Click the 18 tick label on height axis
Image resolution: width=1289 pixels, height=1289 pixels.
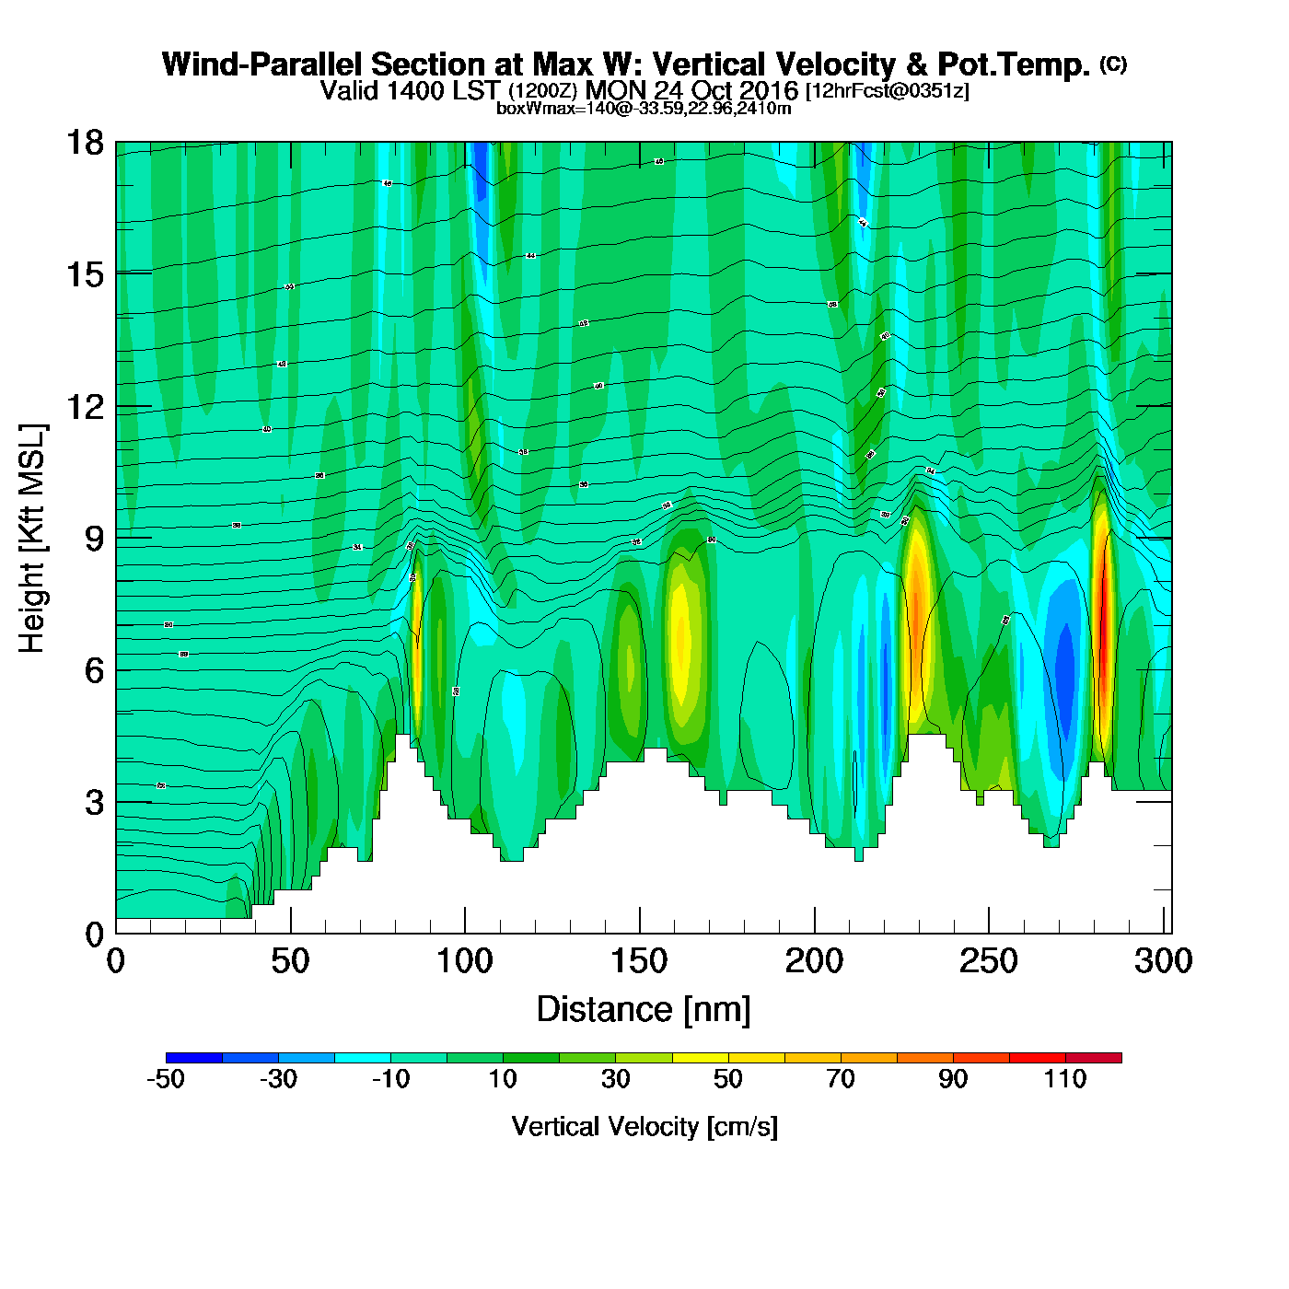pyautogui.click(x=85, y=143)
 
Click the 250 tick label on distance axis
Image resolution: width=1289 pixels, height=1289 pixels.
pyautogui.click(x=989, y=962)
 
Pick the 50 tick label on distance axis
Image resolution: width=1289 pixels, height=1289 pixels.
pyautogui.click(x=290, y=962)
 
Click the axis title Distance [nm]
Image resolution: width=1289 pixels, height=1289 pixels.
pyautogui.click(x=644, y=1010)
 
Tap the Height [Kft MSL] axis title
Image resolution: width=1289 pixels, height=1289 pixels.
pyautogui.click(x=32, y=539)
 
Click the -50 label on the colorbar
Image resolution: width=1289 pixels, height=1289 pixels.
pyautogui.click(x=166, y=1079)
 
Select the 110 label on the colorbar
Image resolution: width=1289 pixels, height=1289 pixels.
pyautogui.click(x=1065, y=1079)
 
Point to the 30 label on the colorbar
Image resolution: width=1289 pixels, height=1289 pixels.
pyautogui.click(x=615, y=1079)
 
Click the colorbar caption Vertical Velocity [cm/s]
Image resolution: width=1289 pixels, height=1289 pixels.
pyautogui.click(x=644, y=1127)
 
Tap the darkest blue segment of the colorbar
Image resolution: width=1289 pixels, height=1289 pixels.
pyautogui.click(x=194, y=1058)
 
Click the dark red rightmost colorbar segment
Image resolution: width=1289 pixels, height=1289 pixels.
pyautogui.click(x=1094, y=1058)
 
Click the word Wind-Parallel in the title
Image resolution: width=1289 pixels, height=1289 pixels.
pyautogui.click(x=262, y=64)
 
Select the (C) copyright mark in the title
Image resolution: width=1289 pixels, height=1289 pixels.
pyautogui.click(x=1113, y=64)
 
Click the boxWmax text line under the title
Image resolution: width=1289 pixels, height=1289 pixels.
pyautogui.click(x=644, y=108)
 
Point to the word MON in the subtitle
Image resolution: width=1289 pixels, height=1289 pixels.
pyautogui.click(x=616, y=90)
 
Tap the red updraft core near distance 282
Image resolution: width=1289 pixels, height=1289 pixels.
pyautogui.click(x=1103, y=626)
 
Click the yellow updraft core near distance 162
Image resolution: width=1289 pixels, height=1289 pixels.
pyautogui.click(x=681, y=635)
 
